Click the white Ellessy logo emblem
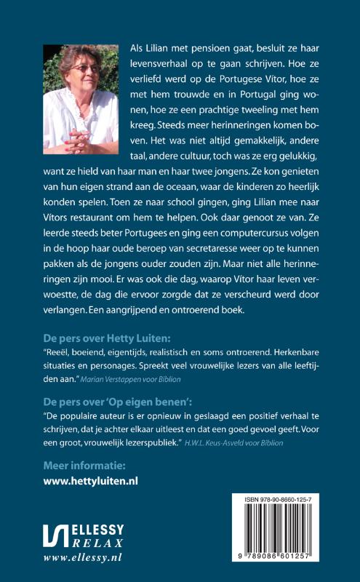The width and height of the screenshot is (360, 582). coord(55,537)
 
